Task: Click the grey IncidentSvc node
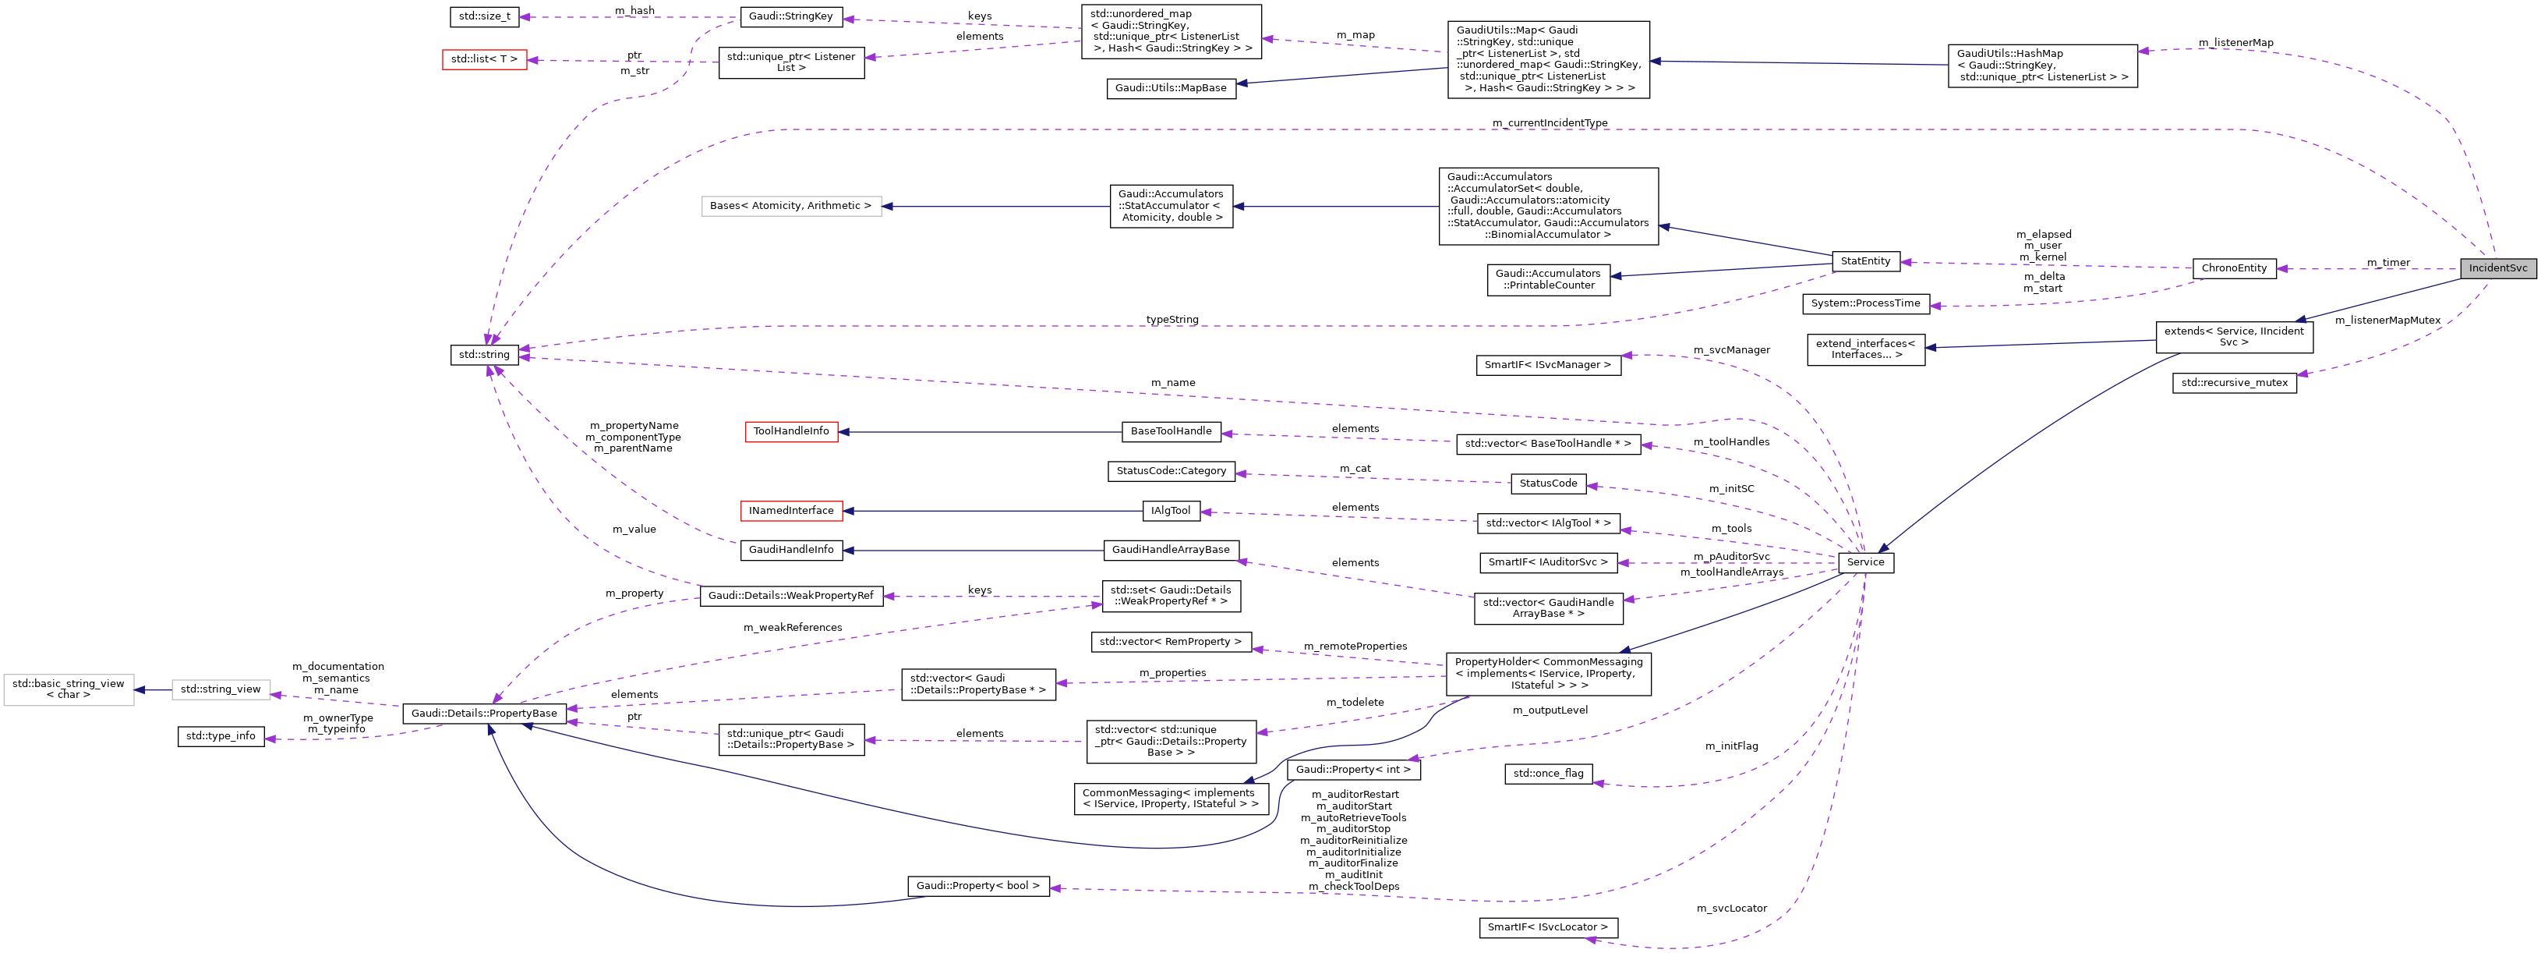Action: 2497,268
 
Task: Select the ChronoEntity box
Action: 2233,268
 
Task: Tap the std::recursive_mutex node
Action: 2233,383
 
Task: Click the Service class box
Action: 1864,562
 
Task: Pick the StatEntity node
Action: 1864,261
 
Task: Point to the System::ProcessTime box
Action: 1864,304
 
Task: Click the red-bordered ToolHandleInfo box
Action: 791,431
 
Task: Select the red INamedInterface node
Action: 791,511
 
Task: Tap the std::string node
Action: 484,355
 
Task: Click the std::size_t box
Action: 484,17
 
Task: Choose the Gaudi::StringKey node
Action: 791,17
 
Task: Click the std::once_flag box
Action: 1548,774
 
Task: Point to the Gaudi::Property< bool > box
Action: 977,886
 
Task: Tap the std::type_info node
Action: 221,736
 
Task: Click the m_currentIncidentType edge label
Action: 1550,123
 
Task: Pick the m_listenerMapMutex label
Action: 2387,321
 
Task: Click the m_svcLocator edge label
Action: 1731,909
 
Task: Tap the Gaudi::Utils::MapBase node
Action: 1171,89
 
